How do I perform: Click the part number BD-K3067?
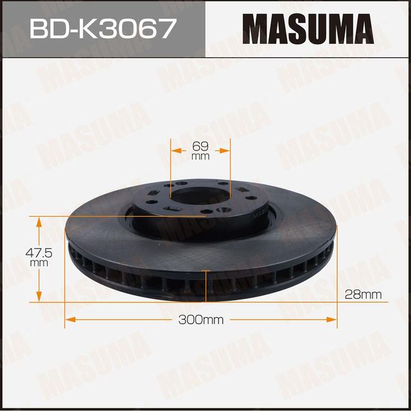tap(102, 29)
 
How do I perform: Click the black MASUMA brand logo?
tap(308, 29)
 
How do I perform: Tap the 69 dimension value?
tap(200, 146)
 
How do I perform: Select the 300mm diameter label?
tap(201, 320)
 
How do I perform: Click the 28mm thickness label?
tap(363, 295)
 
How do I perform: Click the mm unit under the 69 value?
tap(200, 156)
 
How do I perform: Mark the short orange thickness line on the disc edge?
tap(205, 285)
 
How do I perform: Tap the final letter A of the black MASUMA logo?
tap(361, 29)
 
